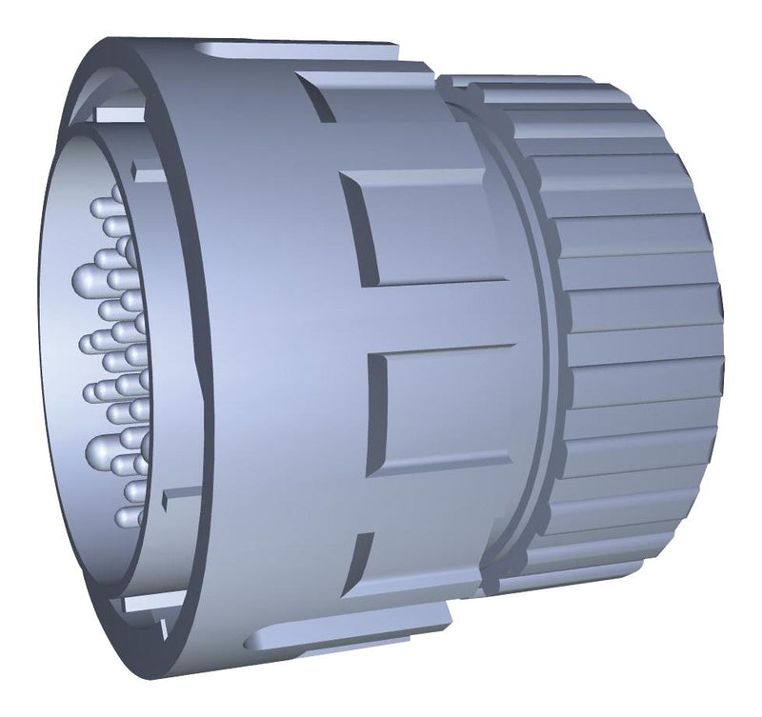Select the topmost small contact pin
click(x=99, y=207)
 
